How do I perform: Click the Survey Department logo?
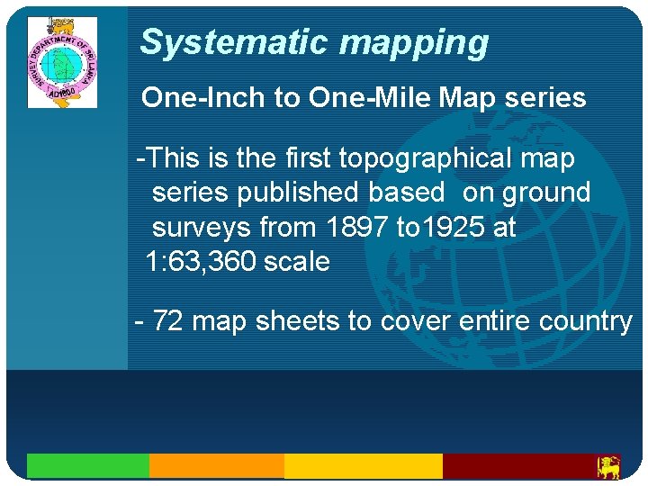click(62, 62)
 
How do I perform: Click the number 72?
click(168, 321)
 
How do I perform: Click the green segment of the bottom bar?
click(87, 465)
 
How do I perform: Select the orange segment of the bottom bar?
click(216, 465)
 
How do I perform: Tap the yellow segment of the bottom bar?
click(363, 465)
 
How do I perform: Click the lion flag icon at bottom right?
click(609, 466)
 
